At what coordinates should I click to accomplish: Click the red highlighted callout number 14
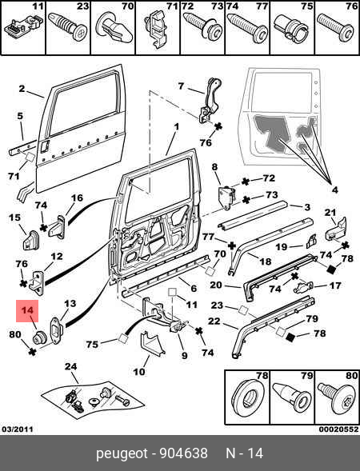point(27,310)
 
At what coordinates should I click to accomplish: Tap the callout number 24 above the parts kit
point(71,366)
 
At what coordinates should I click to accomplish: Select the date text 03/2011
point(18,429)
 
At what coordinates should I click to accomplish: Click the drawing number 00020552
point(338,429)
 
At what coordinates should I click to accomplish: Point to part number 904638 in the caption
point(183,453)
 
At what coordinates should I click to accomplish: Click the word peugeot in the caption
point(122,454)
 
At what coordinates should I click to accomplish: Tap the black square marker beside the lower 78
point(291,337)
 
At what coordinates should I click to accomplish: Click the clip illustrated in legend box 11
point(19,28)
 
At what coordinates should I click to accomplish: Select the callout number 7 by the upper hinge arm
point(181,86)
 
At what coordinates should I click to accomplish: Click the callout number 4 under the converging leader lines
point(334,190)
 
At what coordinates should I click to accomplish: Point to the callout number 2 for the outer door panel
point(22,89)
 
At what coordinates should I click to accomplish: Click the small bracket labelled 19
point(311,241)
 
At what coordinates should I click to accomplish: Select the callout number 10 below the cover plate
point(139,372)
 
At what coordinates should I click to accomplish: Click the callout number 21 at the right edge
point(330,213)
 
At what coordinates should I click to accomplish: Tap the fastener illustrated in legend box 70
point(114,30)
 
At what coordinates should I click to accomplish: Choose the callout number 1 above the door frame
point(177,126)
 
